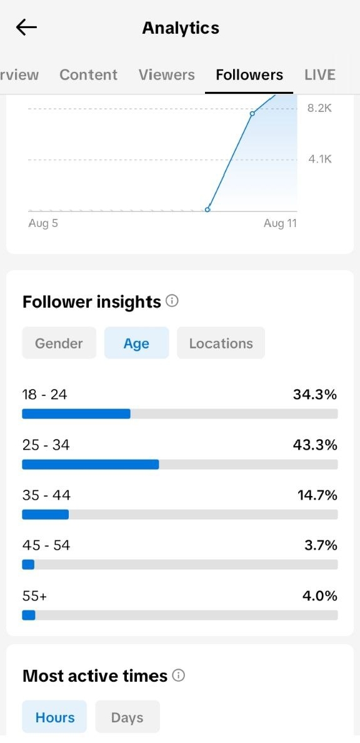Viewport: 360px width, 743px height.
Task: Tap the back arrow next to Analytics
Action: (x=26, y=28)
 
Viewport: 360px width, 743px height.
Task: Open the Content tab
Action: (x=89, y=75)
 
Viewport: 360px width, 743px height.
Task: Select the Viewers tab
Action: (x=167, y=75)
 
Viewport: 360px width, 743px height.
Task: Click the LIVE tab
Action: (x=320, y=75)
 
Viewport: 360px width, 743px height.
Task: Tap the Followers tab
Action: (x=249, y=75)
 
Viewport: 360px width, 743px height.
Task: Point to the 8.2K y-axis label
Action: (x=320, y=108)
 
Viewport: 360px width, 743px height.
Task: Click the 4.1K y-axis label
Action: (x=320, y=159)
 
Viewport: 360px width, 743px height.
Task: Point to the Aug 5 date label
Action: (x=43, y=223)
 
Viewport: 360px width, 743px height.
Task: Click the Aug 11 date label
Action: (x=280, y=223)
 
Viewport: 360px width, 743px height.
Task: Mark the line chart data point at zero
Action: (x=207, y=210)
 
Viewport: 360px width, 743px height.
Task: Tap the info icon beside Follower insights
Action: (x=172, y=301)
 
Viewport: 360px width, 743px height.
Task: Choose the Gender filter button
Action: (x=59, y=343)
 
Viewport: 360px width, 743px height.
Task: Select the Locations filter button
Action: (x=221, y=343)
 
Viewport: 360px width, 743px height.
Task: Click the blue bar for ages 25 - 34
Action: (x=91, y=464)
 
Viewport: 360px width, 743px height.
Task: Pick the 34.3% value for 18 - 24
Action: (x=315, y=394)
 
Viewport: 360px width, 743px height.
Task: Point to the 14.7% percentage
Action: (x=317, y=495)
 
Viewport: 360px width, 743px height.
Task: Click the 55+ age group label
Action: (x=34, y=595)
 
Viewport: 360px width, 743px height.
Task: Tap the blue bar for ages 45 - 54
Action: (x=28, y=564)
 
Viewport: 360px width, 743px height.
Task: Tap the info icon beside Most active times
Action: (x=179, y=675)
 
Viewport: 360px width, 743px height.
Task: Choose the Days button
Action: (x=127, y=717)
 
